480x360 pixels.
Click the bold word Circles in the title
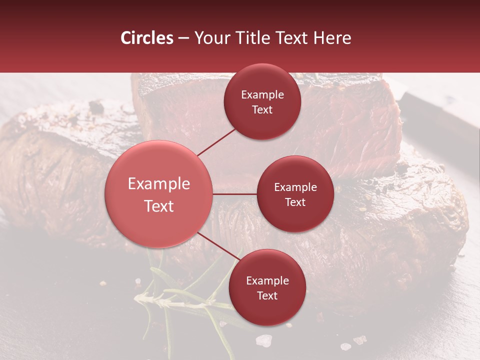tap(147, 38)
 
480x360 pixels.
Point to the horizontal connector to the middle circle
tap(235, 194)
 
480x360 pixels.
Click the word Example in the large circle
tap(159, 184)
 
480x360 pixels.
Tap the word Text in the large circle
tap(159, 206)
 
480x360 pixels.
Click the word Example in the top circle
tap(262, 95)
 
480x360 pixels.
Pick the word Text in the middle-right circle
tap(295, 202)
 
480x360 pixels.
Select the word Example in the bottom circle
tap(267, 281)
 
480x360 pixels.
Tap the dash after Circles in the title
tap(183, 38)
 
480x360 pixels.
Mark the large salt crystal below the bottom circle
tap(263, 341)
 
